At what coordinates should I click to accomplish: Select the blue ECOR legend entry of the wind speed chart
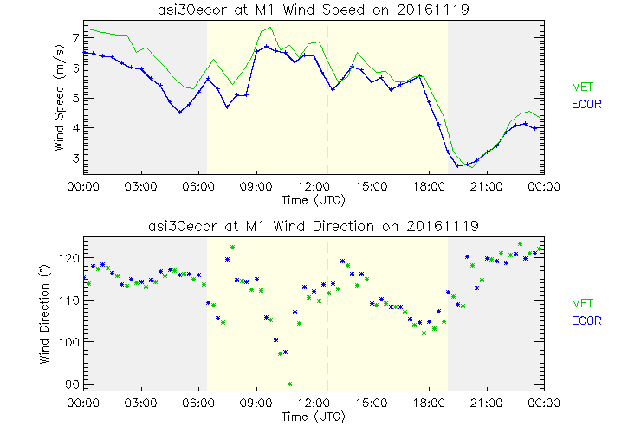[585, 104]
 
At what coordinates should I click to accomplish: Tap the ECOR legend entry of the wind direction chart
[585, 320]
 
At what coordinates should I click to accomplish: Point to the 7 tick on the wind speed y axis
[75, 38]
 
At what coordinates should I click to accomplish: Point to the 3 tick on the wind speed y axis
[75, 158]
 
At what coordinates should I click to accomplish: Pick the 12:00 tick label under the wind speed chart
[314, 185]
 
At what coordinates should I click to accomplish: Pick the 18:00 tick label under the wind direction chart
[429, 403]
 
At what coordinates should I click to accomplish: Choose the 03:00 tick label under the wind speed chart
[141, 185]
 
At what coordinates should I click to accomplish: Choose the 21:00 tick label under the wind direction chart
[486, 403]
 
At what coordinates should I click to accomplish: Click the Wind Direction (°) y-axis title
[46, 314]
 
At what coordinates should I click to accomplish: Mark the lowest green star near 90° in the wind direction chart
[290, 384]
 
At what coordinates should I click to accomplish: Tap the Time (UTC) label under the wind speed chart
[312, 199]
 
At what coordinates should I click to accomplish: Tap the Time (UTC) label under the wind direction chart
[312, 417]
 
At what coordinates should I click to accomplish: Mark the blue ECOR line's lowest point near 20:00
[458, 165]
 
